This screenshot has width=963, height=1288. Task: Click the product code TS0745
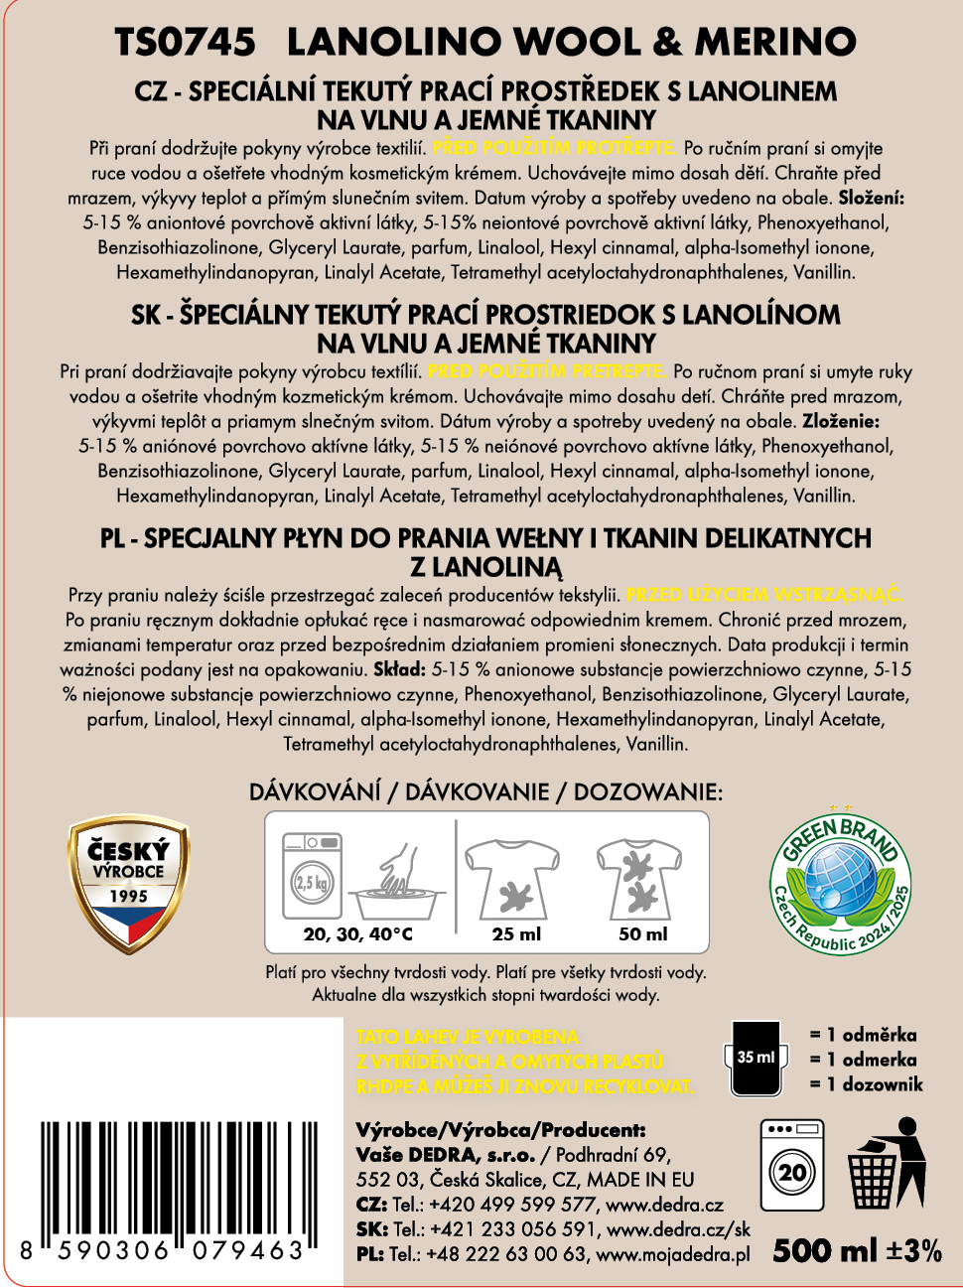point(185,42)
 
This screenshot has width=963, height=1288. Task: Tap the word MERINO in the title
point(775,42)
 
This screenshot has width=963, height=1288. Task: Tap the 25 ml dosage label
point(516,933)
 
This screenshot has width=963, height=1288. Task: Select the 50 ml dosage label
point(643,933)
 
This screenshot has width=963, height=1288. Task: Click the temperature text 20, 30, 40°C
point(357,933)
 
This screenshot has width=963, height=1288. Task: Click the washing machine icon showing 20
point(791,1165)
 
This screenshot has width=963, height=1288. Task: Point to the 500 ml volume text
point(825,1250)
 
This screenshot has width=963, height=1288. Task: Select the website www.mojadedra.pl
point(672,1254)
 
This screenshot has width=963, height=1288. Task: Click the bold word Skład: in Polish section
point(399,670)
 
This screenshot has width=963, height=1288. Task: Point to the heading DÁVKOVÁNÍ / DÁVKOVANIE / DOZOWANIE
point(485,791)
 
